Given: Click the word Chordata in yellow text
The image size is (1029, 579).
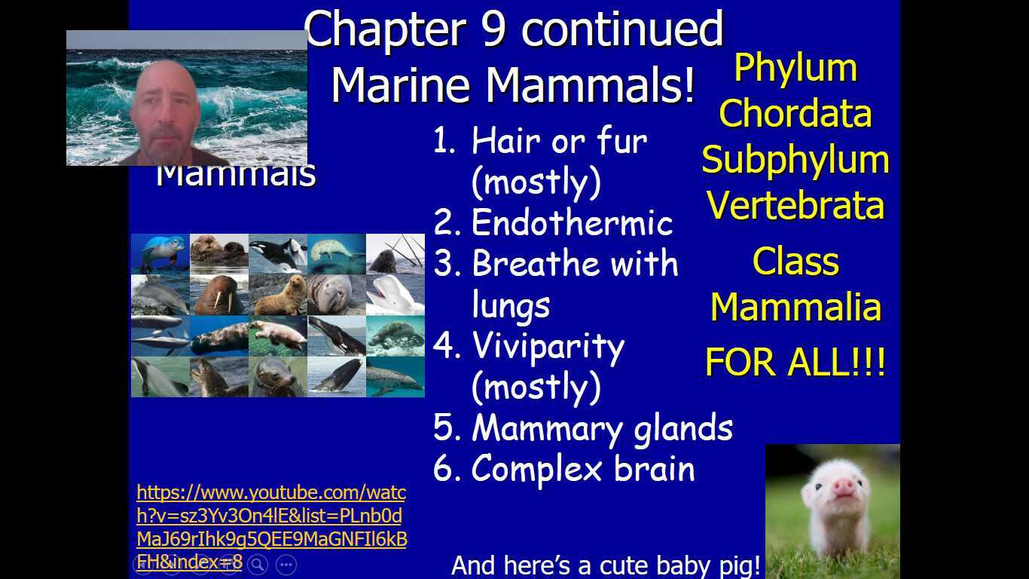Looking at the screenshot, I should (x=795, y=114).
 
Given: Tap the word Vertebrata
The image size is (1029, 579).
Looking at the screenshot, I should (x=795, y=205).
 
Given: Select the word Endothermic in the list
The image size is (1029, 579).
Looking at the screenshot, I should (x=572, y=222).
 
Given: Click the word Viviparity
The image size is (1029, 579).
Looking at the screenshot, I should (x=548, y=346).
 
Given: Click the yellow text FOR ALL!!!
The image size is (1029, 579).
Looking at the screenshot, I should (x=795, y=363).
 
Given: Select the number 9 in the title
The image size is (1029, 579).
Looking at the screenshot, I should (x=492, y=30).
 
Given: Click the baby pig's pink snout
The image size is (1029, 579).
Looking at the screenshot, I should (x=843, y=487).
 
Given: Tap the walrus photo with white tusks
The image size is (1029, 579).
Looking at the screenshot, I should (x=218, y=295).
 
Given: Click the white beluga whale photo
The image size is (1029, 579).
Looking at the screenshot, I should (x=395, y=295).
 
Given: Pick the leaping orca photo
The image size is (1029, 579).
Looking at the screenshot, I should (x=277, y=253).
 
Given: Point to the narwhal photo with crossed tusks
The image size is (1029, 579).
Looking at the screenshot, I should (x=395, y=253).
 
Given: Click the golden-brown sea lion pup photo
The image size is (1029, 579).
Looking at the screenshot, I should (x=277, y=295).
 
